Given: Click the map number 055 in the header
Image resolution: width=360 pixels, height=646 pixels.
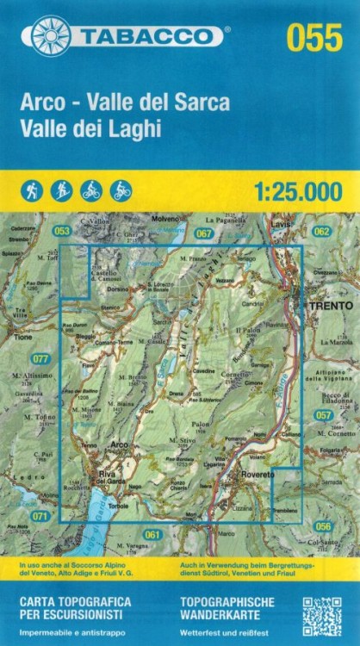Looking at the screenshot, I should (x=314, y=38).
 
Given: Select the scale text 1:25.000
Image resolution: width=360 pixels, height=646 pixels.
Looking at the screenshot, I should (x=299, y=192).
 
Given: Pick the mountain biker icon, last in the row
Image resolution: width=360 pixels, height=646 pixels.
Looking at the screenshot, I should (x=121, y=190).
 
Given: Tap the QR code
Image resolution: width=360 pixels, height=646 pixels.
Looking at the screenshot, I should (x=321, y=615).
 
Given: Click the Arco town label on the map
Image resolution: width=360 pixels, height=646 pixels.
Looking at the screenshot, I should (x=119, y=444).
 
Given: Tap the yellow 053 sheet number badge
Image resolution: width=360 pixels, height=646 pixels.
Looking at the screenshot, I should (x=61, y=231).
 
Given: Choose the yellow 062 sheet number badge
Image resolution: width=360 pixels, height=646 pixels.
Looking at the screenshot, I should (x=321, y=231).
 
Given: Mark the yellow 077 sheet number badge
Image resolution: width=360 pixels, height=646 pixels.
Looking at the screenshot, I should (x=40, y=357).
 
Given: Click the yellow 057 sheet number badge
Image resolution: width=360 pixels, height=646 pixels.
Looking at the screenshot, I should (x=323, y=415).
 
